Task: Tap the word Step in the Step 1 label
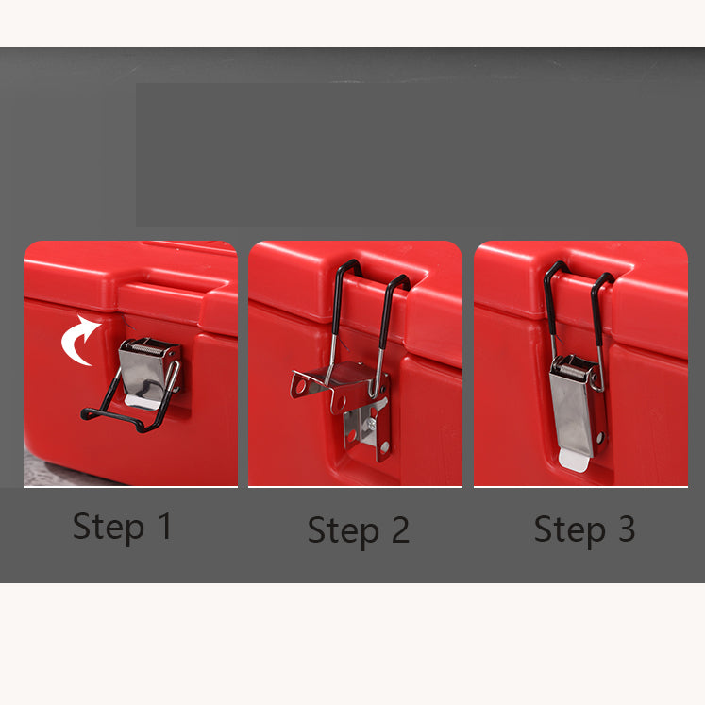click(x=108, y=528)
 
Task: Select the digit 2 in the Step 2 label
click(x=400, y=529)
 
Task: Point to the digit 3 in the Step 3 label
click(x=627, y=529)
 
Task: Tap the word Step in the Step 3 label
click(x=570, y=531)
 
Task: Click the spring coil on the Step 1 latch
click(x=147, y=347)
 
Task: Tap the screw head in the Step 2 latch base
click(x=371, y=423)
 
